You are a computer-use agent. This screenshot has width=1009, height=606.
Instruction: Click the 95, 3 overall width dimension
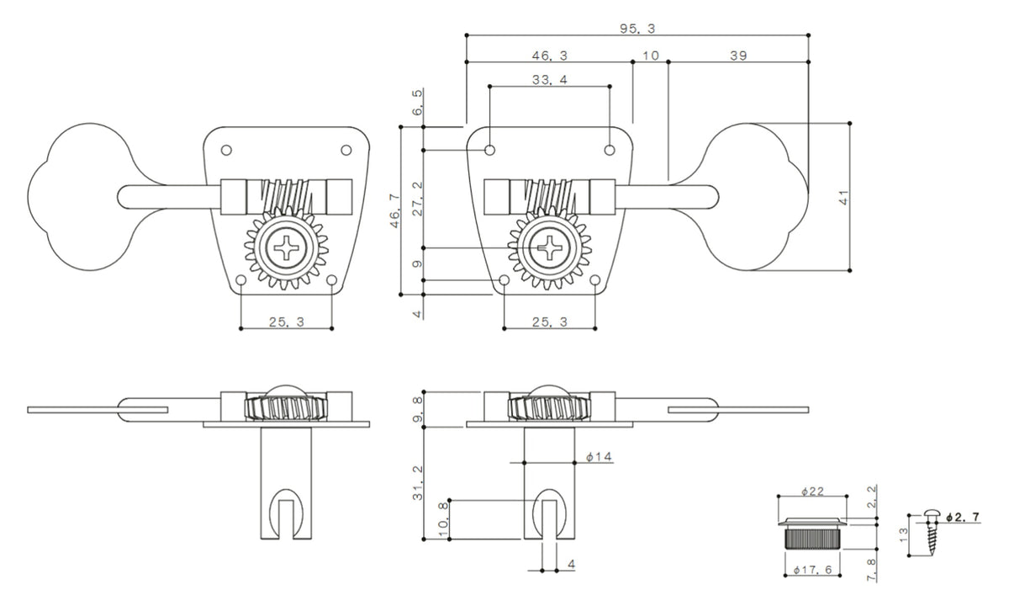click(637, 28)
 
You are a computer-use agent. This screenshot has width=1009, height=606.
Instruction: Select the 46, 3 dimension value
click(550, 55)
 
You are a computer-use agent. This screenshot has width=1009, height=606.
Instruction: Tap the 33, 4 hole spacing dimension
click(550, 80)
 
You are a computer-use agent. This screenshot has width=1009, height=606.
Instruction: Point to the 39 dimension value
click(738, 55)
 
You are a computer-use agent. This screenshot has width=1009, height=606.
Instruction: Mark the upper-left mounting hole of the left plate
click(225, 150)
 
